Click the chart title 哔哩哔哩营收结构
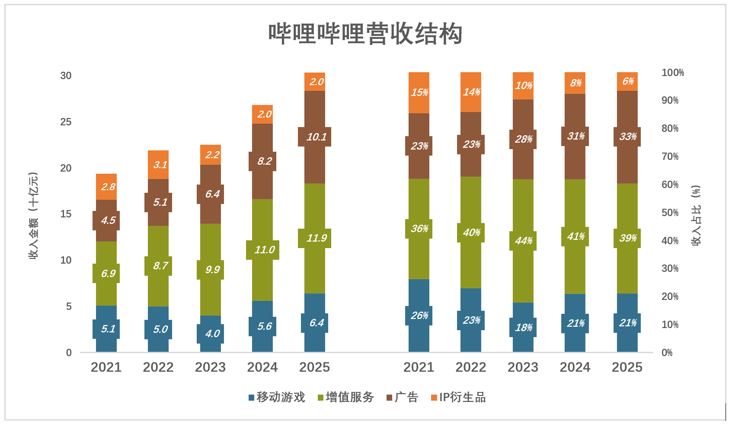tap(365, 34)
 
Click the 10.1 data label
tap(316, 137)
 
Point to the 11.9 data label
tap(316, 238)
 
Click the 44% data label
tap(523, 241)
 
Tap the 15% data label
tap(419, 92)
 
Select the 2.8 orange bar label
tap(108, 187)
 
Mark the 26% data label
tap(419, 316)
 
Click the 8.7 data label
tap(160, 266)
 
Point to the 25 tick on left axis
tap(66, 122)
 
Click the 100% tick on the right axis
tap(672, 73)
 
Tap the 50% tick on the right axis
tap(670, 213)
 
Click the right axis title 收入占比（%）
tap(696, 215)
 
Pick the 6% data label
tap(627, 81)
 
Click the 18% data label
tap(523, 328)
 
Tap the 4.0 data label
tap(212, 334)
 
